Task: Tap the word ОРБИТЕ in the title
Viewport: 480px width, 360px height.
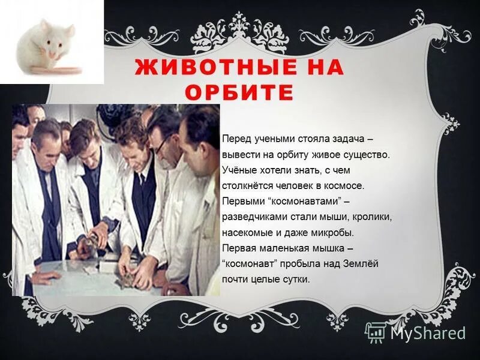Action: point(239,93)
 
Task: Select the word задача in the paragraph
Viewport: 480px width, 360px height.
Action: point(358,139)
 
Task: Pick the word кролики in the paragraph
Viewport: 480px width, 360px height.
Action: point(372,217)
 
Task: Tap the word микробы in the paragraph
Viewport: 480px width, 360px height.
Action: point(333,232)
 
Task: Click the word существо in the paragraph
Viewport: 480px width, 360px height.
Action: point(368,154)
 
